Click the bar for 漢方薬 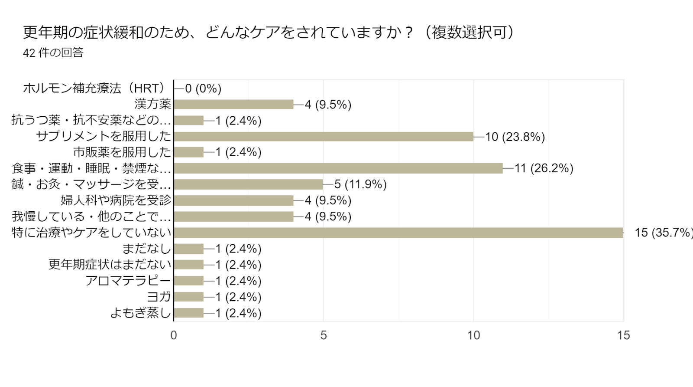pos(233,105)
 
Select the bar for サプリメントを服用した pos(324,137)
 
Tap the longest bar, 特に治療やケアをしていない pos(398,233)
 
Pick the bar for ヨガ pos(188,297)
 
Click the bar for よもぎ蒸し pos(188,313)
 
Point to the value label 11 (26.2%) pos(544,168)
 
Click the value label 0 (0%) pos(203,89)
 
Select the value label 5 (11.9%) pos(360,184)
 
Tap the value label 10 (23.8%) pos(515,137)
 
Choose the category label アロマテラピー pos(128,281)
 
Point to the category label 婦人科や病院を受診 pos(116,200)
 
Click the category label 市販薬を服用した pos(122,152)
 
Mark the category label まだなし pos(147,249)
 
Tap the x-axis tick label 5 pos(324,335)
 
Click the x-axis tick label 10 pos(473,335)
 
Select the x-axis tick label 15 pos(623,335)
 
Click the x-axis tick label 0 pos(174,335)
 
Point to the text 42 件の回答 pos(53,53)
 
